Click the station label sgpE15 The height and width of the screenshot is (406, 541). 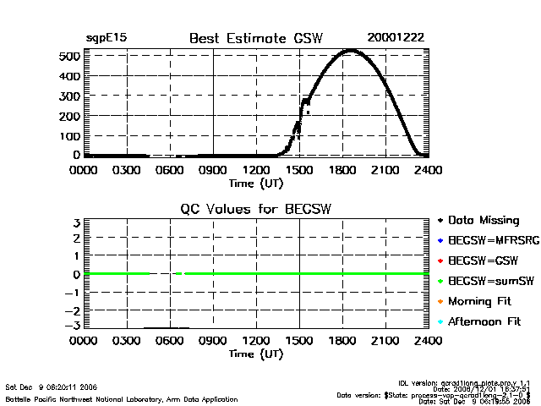(107, 38)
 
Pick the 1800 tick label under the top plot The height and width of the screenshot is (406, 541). (342, 170)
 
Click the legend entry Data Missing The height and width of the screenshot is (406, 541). (483, 220)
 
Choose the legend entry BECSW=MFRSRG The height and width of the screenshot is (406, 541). (489, 240)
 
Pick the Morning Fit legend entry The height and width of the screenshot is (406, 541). (482, 301)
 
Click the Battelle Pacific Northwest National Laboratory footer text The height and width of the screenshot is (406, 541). (122, 399)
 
